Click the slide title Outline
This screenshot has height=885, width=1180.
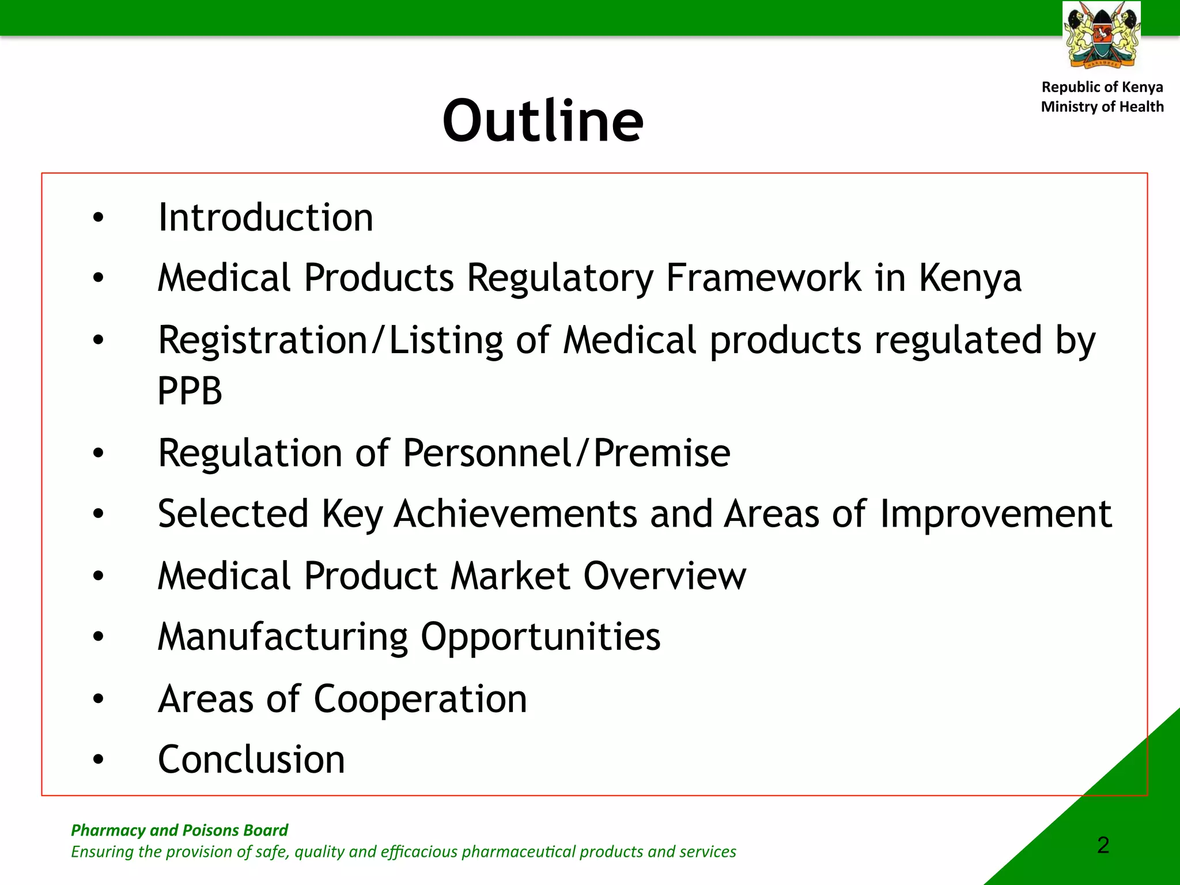(x=543, y=121)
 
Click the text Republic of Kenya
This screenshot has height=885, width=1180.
(x=1102, y=87)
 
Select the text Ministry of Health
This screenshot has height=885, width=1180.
(x=1102, y=107)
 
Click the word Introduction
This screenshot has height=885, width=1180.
(x=266, y=218)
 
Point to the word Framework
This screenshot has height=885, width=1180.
(x=763, y=278)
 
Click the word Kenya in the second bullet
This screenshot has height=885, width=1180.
(x=970, y=278)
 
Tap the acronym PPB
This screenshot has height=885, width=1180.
(x=190, y=391)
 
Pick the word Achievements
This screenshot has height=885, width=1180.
(x=516, y=514)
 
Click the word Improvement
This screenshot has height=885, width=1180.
(x=996, y=514)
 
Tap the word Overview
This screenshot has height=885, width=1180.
(x=664, y=576)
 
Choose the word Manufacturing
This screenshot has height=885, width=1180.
(x=283, y=637)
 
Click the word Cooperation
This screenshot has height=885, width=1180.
(x=420, y=699)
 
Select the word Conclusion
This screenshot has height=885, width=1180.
(x=251, y=759)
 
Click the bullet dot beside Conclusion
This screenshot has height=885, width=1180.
(x=99, y=759)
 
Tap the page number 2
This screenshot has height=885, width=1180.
(x=1103, y=845)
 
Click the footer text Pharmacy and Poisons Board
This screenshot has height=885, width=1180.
(x=179, y=830)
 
